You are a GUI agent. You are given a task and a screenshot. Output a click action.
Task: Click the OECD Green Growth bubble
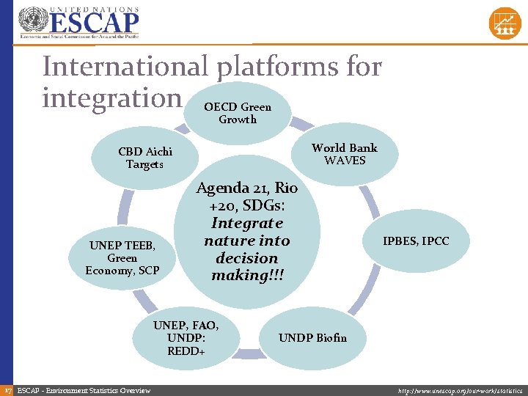pos(238,113)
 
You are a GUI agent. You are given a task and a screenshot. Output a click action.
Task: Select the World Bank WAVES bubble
pos(344,154)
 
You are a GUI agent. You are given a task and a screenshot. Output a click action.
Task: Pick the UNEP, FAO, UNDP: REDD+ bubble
pos(186,337)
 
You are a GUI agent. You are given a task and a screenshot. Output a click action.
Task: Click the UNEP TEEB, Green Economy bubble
pos(122,257)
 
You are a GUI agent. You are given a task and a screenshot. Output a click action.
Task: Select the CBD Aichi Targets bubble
pos(144,158)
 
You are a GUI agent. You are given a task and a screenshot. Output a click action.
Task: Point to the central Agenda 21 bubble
pos(246,231)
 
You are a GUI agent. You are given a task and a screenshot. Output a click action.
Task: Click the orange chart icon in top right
pos(505,23)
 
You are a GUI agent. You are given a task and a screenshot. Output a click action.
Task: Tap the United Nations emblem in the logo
pos(31,22)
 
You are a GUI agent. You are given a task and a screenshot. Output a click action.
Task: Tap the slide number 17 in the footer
pos(7,390)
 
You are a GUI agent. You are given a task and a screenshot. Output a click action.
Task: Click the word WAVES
pos(345,161)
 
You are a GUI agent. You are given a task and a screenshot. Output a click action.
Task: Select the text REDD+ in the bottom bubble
pos(186,351)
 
